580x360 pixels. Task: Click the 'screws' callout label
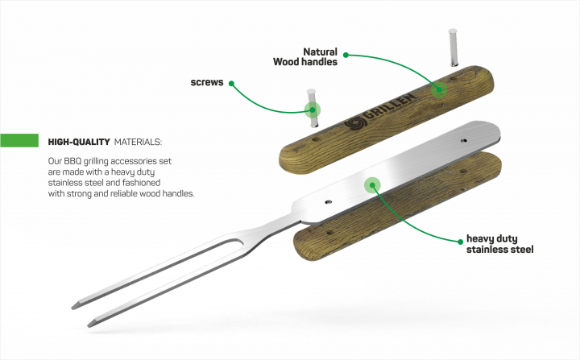pyautogui.click(x=207, y=82)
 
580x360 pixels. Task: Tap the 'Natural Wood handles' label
pyautogui.click(x=305, y=56)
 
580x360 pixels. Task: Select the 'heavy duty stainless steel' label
pyautogui.click(x=499, y=244)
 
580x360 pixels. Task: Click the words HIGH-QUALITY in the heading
pyautogui.click(x=79, y=142)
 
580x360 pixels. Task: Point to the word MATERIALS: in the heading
pyautogui.click(x=138, y=142)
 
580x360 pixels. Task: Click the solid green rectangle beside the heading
pyautogui.click(x=19, y=140)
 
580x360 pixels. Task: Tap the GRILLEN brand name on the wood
pyautogui.click(x=390, y=107)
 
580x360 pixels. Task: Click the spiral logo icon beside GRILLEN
pyautogui.click(x=354, y=122)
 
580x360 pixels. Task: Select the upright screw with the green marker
pyautogui.click(x=313, y=108)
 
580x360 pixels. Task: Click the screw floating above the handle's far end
pyautogui.click(x=454, y=48)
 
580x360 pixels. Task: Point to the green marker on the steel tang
pyautogui.click(x=372, y=185)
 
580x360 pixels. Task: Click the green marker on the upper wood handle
pyautogui.click(x=439, y=89)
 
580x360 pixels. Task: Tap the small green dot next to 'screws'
pyautogui.click(x=231, y=83)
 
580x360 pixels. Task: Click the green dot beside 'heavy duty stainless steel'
pyautogui.click(x=461, y=242)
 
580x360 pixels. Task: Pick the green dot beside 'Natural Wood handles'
pyautogui.click(x=346, y=55)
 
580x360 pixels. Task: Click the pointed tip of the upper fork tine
pyautogui.click(x=72, y=308)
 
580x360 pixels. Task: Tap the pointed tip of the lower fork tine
pyautogui.click(x=89, y=325)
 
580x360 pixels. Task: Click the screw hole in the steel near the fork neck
pyautogui.click(x=328, y=202)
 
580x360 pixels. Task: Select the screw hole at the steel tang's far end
pyautogui.click(x=463, y=141)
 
